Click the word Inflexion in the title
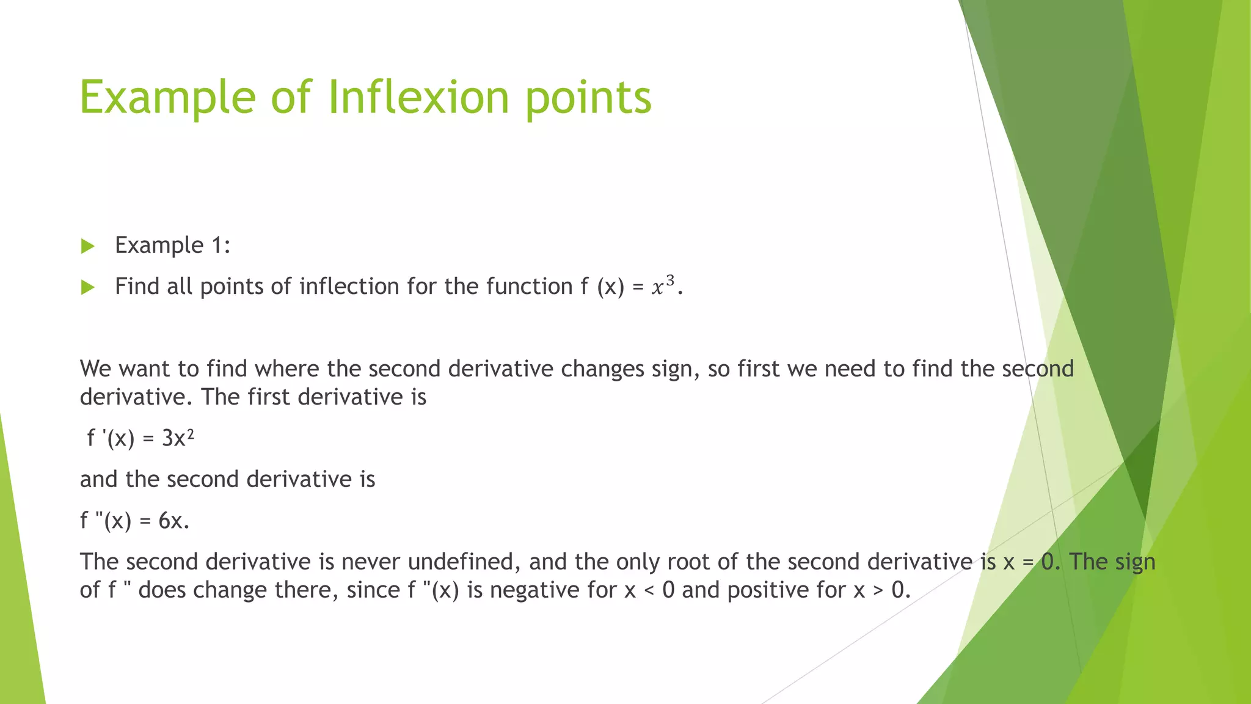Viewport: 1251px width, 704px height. [x=418, y=98]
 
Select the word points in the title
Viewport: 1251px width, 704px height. [x=588, y=98]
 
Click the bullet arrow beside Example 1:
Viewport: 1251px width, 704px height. [x=88, y=246]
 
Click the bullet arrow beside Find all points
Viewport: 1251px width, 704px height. [x=88, y=287]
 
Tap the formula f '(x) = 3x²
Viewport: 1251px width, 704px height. [x=140, y=438]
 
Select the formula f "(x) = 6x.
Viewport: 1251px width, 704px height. [x=135, y=521]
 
